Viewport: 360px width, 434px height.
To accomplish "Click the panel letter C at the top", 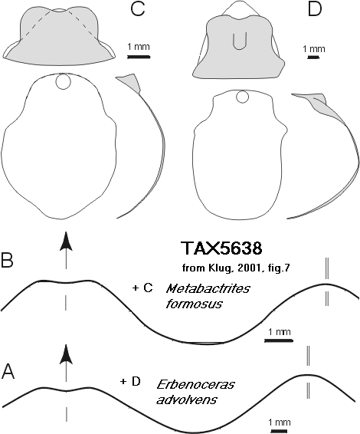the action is (137, 9).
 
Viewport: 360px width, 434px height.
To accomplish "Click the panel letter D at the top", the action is (315, 9).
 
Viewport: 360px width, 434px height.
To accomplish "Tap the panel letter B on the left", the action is (7, 260).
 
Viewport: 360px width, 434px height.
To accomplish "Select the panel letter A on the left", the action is (8, 371).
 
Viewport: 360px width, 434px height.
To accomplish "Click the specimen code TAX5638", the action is (221, 248).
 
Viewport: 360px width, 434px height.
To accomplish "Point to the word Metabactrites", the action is (208, 289).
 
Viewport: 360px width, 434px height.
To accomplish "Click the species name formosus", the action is (194, 304).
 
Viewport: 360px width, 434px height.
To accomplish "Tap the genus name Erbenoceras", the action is (196, 384).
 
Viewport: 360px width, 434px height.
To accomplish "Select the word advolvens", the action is (187, 399).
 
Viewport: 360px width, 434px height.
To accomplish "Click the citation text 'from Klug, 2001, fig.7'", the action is (236, 268).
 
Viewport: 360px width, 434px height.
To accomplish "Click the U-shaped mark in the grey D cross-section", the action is (238, 41).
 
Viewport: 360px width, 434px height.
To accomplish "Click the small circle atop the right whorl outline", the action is (243, 97).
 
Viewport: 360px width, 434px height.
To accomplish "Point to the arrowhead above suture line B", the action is (66, 242).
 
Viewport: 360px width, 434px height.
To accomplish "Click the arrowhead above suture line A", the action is (66, 354).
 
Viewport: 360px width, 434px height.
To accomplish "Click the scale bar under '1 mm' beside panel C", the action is (139, 57).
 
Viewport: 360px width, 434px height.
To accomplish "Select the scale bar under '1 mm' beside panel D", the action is (313, 58).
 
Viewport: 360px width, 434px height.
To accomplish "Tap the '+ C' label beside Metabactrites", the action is (142, 288).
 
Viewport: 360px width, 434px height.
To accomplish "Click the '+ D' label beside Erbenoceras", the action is (130, 382).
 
